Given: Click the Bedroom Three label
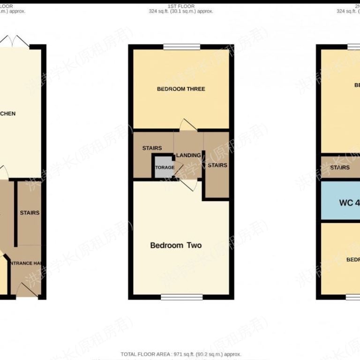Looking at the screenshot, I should click(181, 89).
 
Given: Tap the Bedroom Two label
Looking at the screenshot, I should click(176, 245).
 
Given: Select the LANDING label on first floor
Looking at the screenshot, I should click(188, 156).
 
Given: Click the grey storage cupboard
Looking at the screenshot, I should click(163, 167).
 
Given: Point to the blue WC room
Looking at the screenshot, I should click(340, 203).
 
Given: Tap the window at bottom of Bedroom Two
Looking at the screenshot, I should click(182, 296).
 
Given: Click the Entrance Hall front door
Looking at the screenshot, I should click(27, 292).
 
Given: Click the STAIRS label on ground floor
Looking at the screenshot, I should click(30, 213).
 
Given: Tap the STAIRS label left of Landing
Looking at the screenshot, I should click(152, 148).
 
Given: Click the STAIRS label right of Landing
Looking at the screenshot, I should click(217, 165).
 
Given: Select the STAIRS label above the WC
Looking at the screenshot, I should click(340, 167).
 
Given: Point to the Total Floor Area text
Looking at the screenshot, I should click(181, 354).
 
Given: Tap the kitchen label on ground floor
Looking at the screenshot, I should click(8, 113).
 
